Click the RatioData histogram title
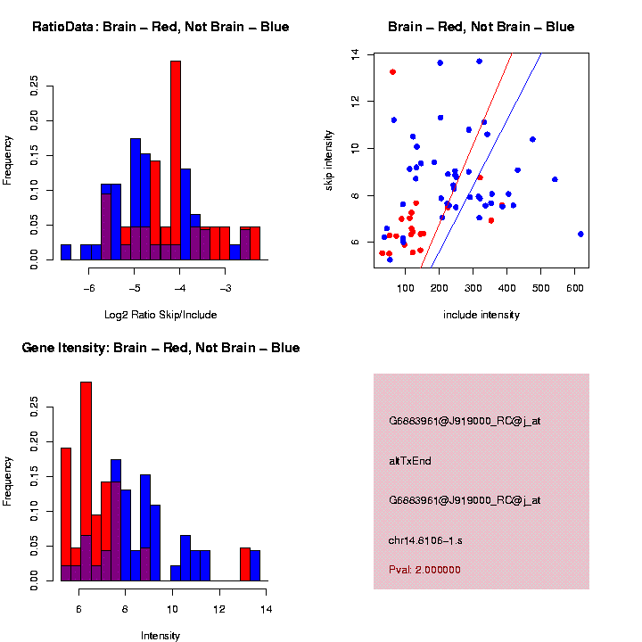point(160,27)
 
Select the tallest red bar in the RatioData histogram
point(176,160)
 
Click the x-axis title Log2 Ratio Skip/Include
point(160,314)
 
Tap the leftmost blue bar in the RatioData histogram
point(66,252)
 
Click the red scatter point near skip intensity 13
point(392,71)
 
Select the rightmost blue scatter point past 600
point(580,234)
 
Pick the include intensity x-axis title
point(481,314)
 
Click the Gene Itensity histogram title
point(160,348)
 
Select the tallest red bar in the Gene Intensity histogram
point(86,481)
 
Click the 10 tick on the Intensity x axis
point(172,609)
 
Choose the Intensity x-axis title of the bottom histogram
point(160,636)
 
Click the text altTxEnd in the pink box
point(407,461)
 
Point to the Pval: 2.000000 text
point(424,569)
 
